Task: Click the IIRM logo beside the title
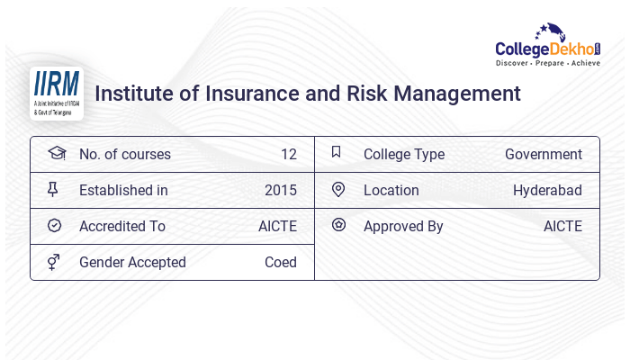pos(56,93)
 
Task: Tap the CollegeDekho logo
pos(548,47)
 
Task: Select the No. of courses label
pos(124,154)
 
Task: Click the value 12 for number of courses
pos(288,154)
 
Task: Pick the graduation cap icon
pos(56,153)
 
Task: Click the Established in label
pos(123,190)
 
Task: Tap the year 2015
pos(280,190)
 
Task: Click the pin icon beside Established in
pos(53,189)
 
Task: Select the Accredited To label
pos(121,226)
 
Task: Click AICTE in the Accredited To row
pos(277,226)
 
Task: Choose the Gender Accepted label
pos(132,262)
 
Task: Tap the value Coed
pos(280,262)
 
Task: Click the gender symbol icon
pos(54,261)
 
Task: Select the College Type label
pos(403,154)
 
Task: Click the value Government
pos(543,154)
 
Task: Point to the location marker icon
pos(337,189)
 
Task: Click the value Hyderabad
pos(547,190)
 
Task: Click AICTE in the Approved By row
pos(562,226)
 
